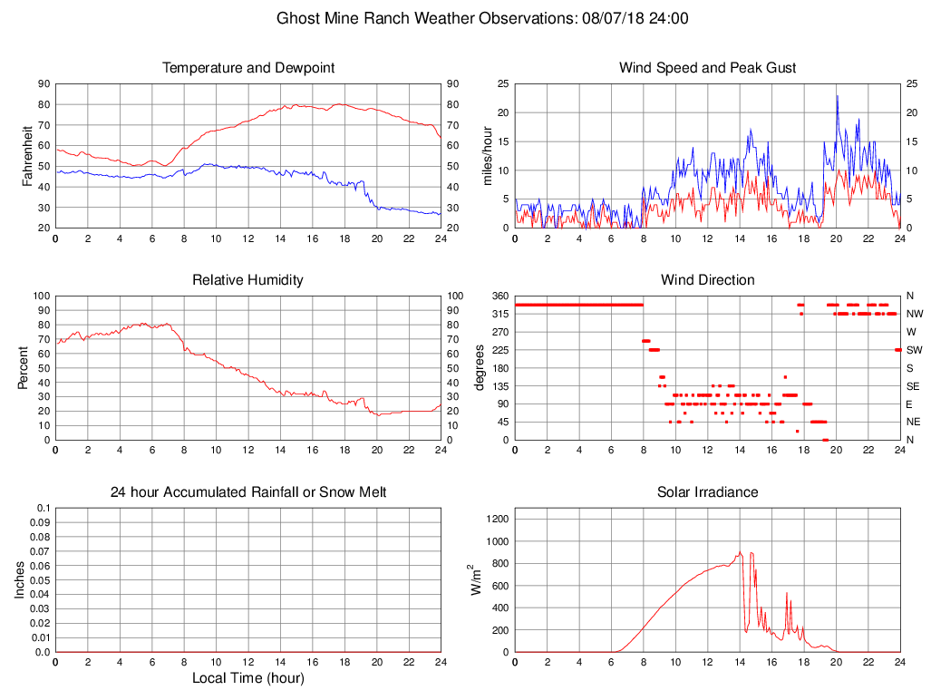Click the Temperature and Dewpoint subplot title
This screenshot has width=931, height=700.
[x=248, y=68]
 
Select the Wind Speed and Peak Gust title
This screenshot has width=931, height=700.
[x=707, y=68]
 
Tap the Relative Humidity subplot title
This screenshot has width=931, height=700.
[x=248, y=280]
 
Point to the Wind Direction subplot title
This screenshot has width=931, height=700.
[x=707, y=280]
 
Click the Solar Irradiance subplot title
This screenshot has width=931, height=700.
[x=707, y=492]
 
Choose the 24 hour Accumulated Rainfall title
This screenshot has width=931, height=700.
[x=248, y=492]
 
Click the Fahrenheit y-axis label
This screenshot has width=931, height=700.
[x=29, y=155]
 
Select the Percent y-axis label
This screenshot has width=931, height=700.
[x=24, y=367]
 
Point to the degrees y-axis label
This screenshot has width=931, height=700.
[x=480, y=367]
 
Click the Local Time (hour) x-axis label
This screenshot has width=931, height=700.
[x=248, y=678]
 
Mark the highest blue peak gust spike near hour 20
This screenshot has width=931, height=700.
[x=837, y=96]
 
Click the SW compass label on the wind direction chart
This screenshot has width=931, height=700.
[x=914, y=350]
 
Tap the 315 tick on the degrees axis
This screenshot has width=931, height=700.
[x=499, y=314]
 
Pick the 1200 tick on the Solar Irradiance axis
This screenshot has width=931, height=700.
[x=496, y=520]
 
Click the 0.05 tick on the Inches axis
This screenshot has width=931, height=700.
[x=40, y=579]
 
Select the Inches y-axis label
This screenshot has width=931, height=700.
[x=20, y=579]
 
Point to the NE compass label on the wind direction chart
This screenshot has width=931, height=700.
[x=914, y=422]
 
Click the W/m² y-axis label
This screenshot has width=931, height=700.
[x=475, y=579]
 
